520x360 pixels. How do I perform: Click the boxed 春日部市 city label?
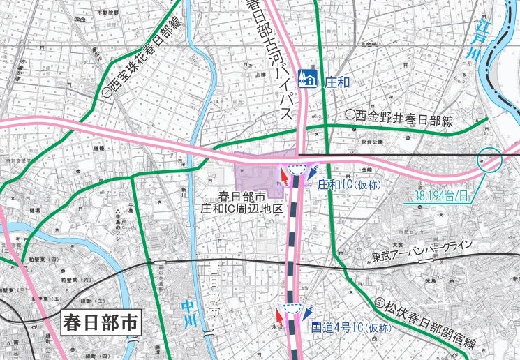click(x=101, y=323)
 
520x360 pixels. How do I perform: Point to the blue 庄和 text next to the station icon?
click(x=336, y=80)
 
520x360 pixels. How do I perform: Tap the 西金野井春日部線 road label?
click(x=399, y=118)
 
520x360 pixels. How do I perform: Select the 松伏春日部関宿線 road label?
click(x=426, y=323)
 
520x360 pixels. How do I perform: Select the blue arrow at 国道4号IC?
click(x=308, y=315)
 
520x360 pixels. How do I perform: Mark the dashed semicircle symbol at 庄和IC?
click(x=297, y=169)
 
